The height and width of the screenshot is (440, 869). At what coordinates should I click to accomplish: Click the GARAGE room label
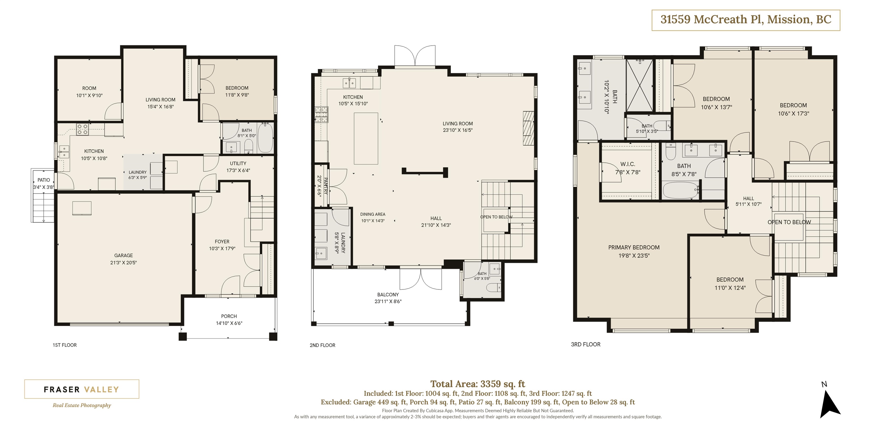(123, 255)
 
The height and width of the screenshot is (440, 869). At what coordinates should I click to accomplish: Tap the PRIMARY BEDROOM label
(634, 247)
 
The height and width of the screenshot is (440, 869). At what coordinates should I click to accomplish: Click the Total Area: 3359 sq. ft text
(478, 384)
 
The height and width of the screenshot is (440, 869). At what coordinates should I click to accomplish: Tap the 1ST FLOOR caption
(64, 345)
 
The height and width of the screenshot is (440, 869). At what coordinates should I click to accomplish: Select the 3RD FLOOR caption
(586, 344)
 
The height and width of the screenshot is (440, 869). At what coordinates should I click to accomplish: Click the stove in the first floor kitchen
(82, 130)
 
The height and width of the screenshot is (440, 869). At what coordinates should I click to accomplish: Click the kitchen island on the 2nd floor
(366, 138)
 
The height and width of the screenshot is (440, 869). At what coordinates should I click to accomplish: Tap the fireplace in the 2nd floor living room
(529, 128)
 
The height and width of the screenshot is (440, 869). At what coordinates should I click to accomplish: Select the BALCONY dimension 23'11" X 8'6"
(388, 301)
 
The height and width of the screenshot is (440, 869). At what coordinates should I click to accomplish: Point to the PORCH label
(229, 316)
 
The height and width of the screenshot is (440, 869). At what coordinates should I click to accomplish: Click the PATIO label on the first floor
(44, 180)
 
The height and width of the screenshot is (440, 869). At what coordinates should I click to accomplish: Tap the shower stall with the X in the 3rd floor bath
(640, 85)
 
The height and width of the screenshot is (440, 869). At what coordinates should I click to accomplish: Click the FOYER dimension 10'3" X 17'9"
(222, 249)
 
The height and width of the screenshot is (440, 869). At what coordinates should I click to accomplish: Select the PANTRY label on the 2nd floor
(326, 186)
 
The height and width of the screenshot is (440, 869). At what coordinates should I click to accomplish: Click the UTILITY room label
(238, 163)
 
